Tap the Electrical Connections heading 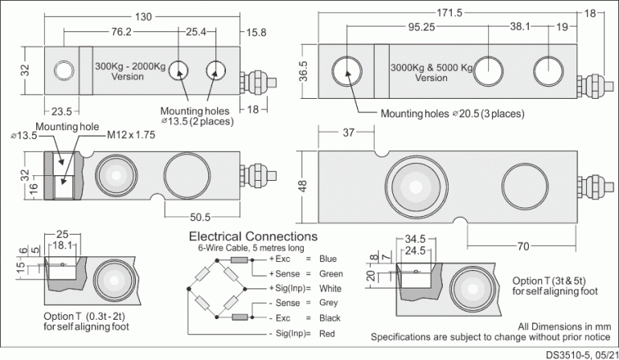coord(252,237)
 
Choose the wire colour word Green coord(330,274)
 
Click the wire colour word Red coord(326,332)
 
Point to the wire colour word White coord(330,288)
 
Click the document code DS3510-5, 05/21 coord(580,354)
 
